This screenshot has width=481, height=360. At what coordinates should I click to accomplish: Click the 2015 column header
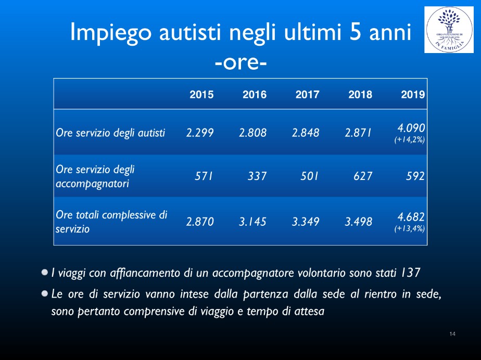201,95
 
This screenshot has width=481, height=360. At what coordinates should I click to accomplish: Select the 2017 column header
307,95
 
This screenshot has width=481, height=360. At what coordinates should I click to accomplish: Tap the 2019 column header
413,95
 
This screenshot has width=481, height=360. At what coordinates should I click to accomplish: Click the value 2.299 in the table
200,133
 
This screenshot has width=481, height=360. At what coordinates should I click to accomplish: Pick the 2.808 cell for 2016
253,133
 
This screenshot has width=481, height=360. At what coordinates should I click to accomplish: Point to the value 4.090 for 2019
411,127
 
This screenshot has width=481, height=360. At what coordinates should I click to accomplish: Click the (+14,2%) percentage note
410,140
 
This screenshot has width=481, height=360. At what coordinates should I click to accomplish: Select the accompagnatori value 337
257,176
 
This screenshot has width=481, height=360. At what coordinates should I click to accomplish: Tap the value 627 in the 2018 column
363,176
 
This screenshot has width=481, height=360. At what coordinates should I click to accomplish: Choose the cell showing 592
415,176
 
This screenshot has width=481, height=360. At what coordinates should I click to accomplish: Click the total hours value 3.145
252,222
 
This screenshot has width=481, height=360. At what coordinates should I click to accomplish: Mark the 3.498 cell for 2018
358,222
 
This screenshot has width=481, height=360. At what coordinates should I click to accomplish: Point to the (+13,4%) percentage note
410,229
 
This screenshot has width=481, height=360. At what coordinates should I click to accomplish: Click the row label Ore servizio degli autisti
110,133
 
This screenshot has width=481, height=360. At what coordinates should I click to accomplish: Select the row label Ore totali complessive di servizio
111,222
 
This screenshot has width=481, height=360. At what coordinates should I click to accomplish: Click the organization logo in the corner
449,30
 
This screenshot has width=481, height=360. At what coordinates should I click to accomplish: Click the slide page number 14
452,334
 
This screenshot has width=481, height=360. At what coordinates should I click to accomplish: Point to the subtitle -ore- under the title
240,63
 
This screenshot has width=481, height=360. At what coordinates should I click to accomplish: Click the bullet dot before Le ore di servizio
45,294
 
